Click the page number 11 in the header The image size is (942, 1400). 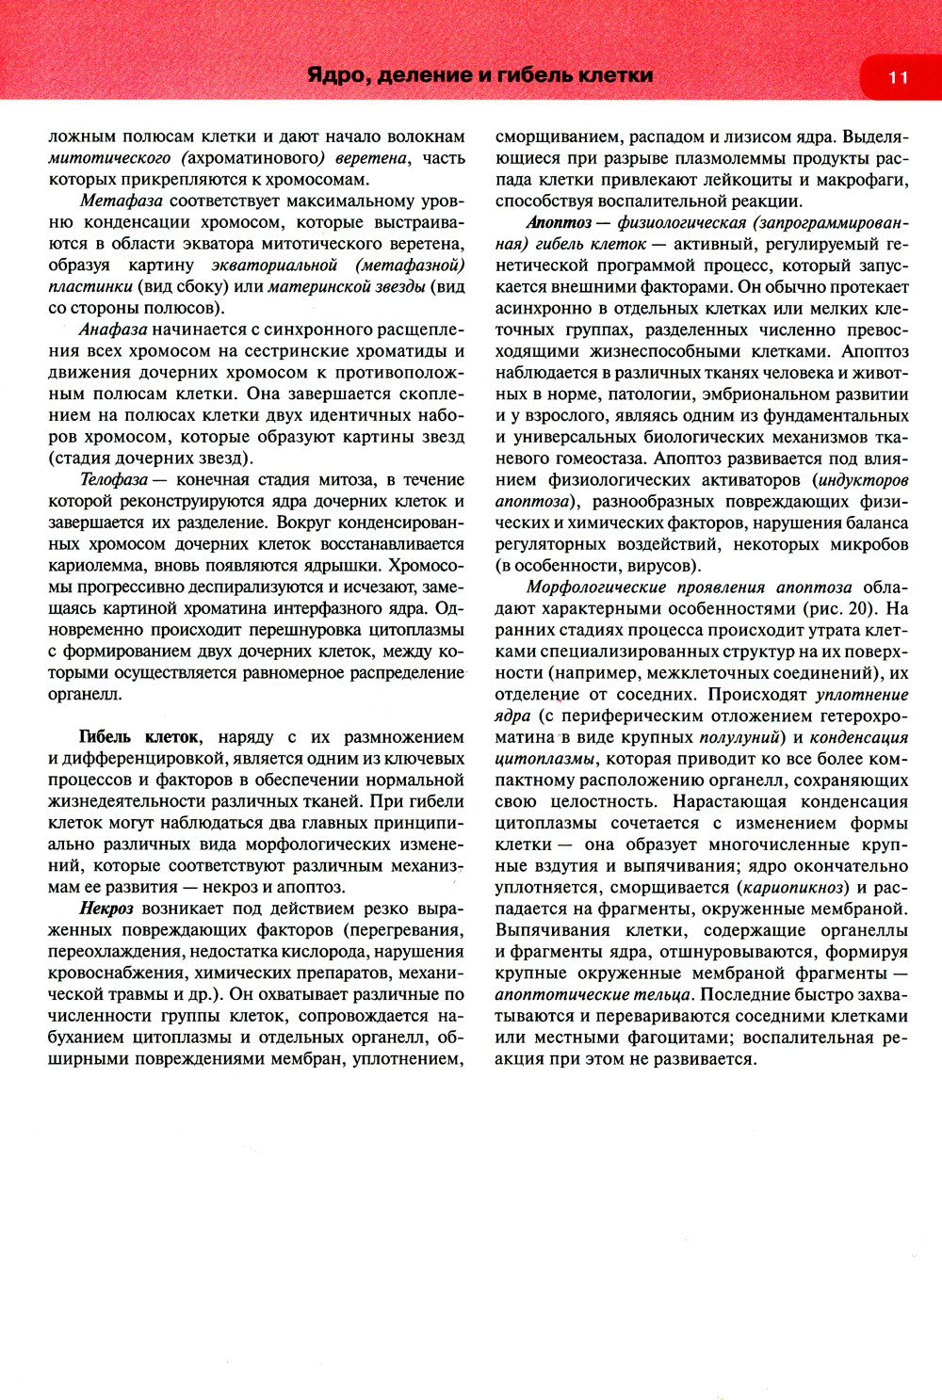point(897,76)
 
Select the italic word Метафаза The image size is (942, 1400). point(122,201)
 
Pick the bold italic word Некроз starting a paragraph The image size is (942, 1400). point(106,909)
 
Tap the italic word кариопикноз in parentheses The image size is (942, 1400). point(790,887)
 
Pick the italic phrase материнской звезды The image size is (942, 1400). point(346,286)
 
